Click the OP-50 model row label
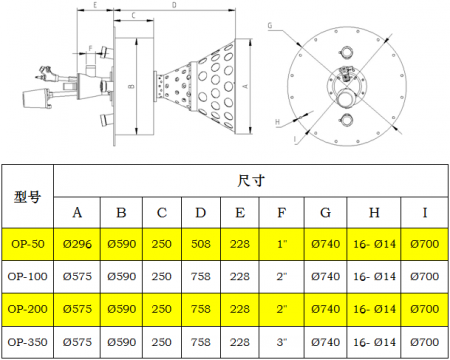click(28, 244)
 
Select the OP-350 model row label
click(28, 342)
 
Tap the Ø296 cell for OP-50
click(77, 244)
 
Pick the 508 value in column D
click(201, 244)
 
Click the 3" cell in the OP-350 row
click(282, 342)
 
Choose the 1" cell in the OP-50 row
click(282, 244)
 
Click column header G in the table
click(325, 213)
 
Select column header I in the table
click(425, 213)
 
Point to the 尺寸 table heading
click(251, 181)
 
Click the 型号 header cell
click(28, 197)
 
